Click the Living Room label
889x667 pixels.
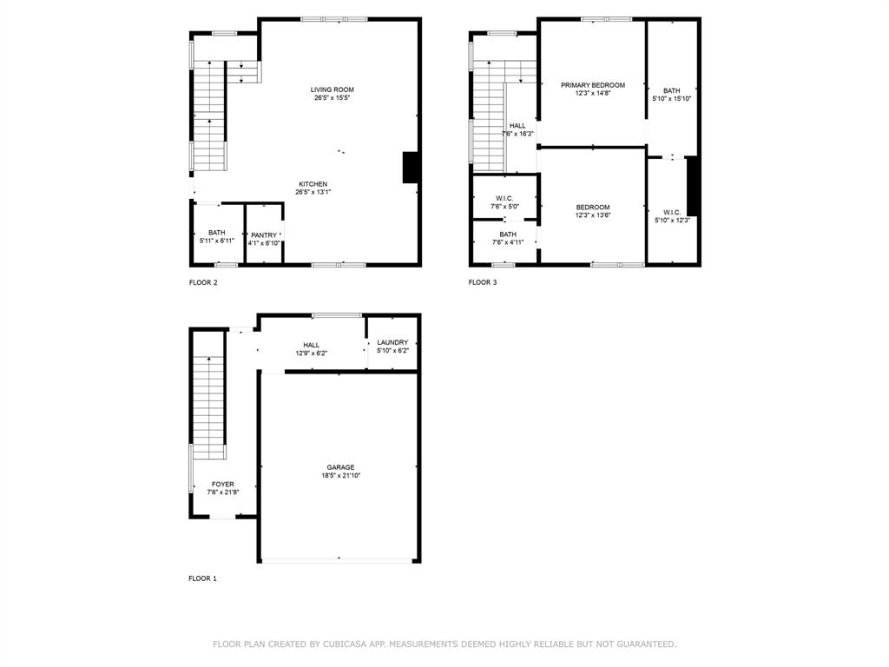[333, 89]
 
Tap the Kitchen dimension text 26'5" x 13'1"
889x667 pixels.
[313, 192]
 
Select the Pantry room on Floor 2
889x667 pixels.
[264, 235]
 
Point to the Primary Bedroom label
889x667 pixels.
[592, 85]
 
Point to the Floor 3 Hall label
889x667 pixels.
[517, 126]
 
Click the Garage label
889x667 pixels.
[340, 467]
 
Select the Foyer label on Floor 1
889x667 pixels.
[223, 485]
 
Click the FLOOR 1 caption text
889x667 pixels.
[203, 578]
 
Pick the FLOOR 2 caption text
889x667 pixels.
[203, 282]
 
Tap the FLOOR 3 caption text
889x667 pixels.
[483, 282]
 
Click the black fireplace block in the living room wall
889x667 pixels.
[411, 168]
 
